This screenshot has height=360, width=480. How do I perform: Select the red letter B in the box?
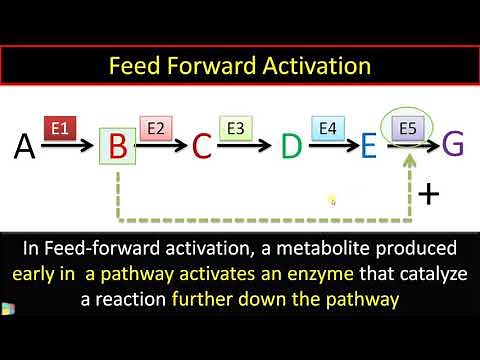(x=117, y=147)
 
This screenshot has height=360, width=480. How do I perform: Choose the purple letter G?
(x=453, y=145)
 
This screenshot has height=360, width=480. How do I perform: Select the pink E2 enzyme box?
(x=156, y=128)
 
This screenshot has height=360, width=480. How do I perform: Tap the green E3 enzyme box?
(x=237, y=128)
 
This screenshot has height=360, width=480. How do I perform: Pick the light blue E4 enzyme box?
(x=327, y=128)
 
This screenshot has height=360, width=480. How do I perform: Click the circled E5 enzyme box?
(x=407, y=129)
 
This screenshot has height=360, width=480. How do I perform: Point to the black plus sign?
(x=429, y=192)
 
